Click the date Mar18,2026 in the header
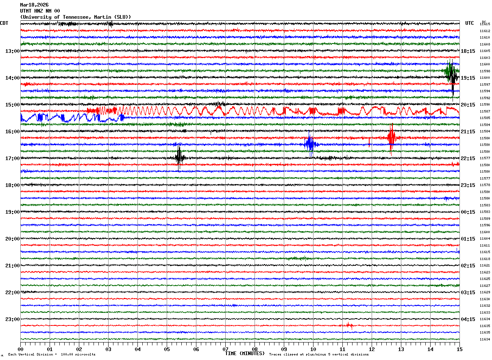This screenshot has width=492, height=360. coord(34,5)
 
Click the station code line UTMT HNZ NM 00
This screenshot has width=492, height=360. coord(40,11)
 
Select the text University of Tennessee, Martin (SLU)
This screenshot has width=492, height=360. coord(76,17)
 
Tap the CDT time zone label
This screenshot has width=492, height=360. coord(4,23)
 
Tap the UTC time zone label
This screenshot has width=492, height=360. coord(470,23)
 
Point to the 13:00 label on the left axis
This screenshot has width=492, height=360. coord(12,51)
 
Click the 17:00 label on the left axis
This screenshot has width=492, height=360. coord(12,158)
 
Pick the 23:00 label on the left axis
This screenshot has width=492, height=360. coord(12,319)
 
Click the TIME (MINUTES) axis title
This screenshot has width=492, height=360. coord(245,353)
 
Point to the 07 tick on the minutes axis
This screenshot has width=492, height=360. coord(225,349)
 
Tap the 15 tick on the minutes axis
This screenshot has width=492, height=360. coord(459,349)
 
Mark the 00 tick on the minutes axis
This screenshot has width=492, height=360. coord(20,349)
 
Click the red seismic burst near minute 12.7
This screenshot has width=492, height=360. coord(392,138)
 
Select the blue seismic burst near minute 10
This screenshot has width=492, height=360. coord(310,143)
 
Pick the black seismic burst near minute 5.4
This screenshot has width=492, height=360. coord(179,158)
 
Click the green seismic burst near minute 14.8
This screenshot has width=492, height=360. coord(450,71)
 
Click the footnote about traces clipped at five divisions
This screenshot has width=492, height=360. coord(319,354)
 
